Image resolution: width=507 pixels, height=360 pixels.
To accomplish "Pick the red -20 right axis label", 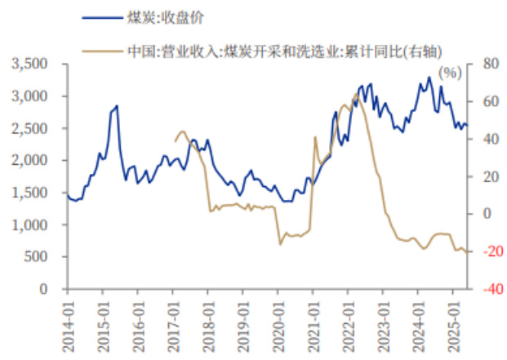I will (488, 251).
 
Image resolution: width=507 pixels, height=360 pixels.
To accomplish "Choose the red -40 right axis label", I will (488, 289).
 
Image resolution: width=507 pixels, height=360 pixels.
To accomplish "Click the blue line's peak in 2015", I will (117, 106).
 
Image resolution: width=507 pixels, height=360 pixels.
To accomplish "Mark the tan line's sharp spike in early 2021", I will (315, 136).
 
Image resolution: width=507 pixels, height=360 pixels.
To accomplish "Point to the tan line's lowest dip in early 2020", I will (280, 243).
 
